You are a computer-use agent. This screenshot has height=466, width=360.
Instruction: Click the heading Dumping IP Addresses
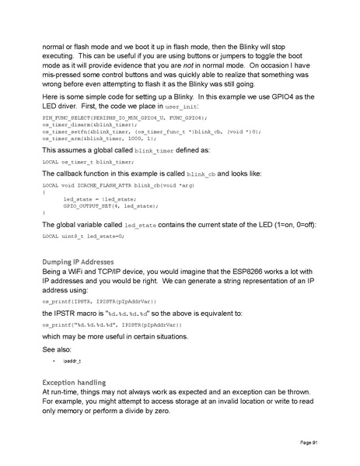click(x=78, y=261)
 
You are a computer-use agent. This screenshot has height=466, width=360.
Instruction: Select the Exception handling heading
click(x=74, y=383)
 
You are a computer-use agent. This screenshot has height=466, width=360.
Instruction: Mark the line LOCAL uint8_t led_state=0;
click(x=82, y=235)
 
